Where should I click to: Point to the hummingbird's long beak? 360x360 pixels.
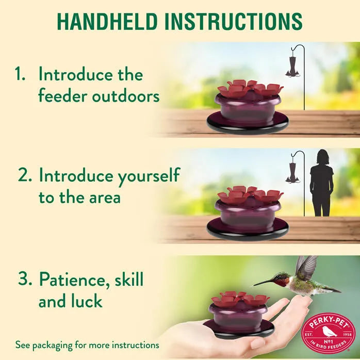(263, 283)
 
